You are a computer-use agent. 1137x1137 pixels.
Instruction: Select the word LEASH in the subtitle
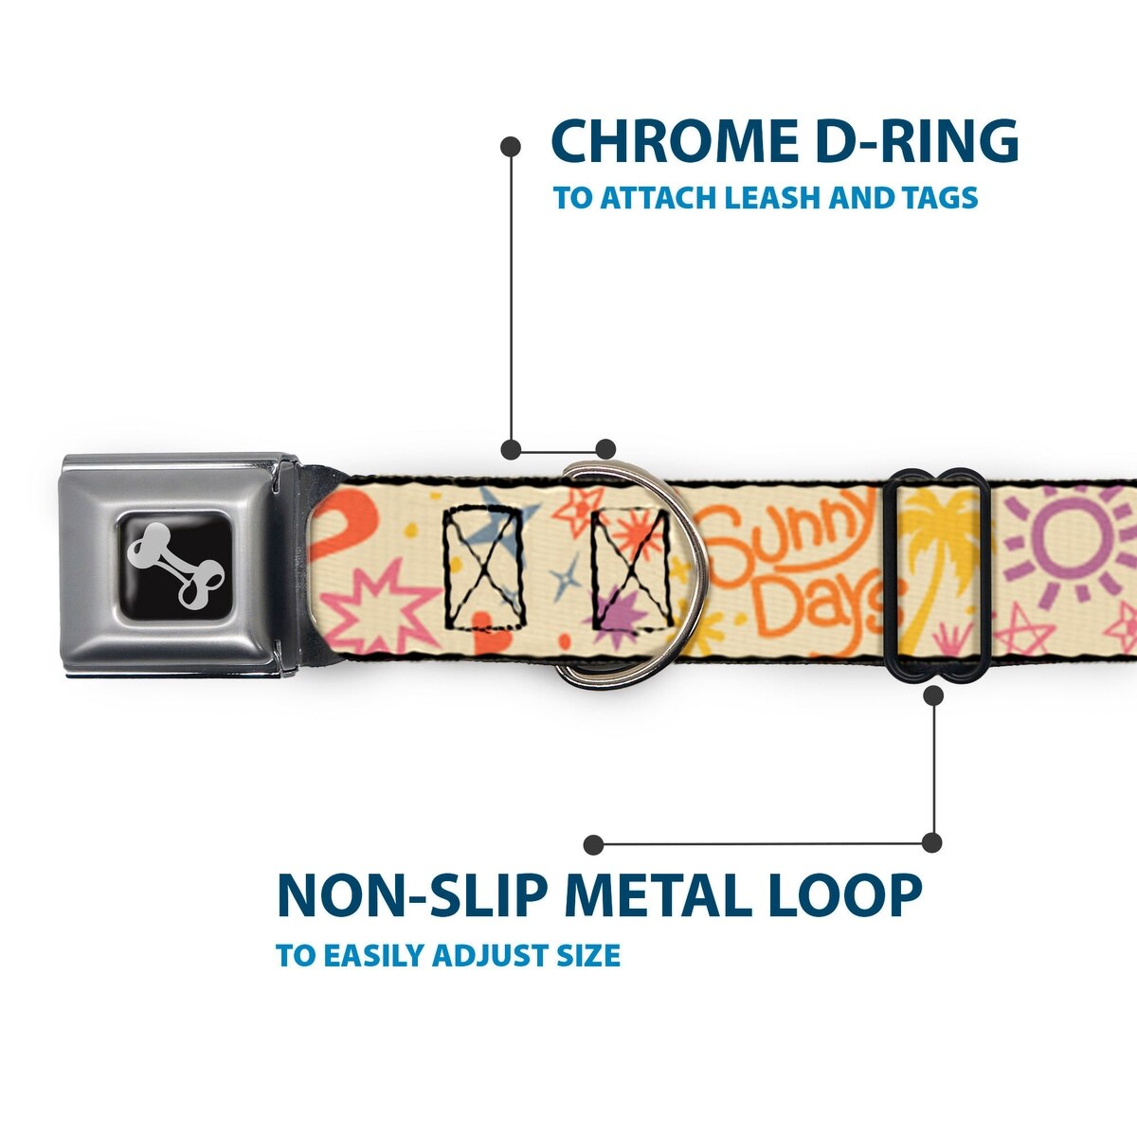tap(772, 198)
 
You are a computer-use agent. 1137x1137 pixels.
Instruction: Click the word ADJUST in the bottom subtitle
tap(483, 955)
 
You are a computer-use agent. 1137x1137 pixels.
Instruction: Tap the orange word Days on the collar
tap(823, 611)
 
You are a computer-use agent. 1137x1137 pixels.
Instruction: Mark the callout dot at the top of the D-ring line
tap(511, 147)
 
